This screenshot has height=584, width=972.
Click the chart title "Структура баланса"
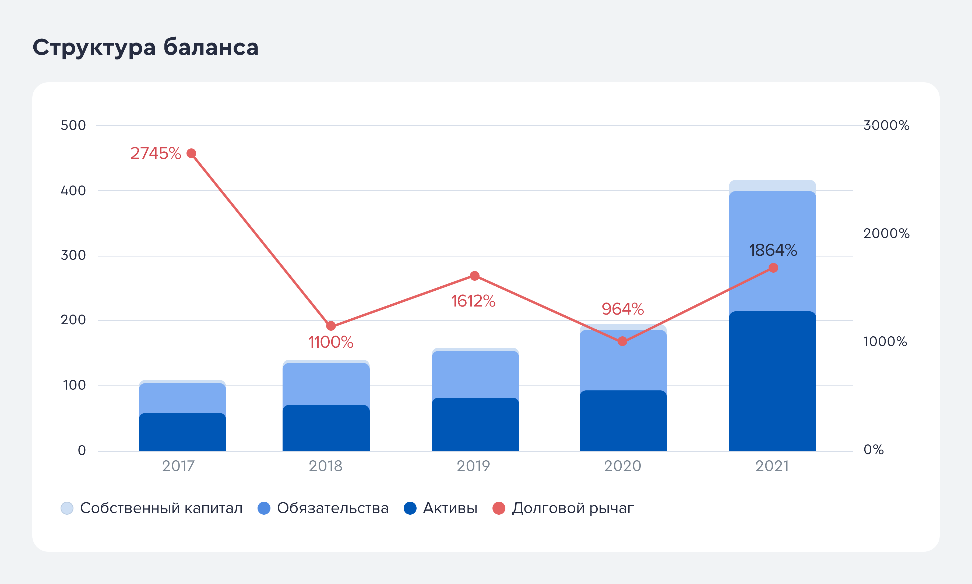pos(145,48)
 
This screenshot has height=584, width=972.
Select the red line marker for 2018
pos(331,326)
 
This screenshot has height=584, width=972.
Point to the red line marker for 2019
pos(475,276)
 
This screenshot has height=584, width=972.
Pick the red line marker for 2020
pos(622,341)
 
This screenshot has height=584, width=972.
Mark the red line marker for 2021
pos(773,268)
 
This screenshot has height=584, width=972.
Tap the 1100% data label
pos(331,342)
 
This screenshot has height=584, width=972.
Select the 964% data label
pos(623,309)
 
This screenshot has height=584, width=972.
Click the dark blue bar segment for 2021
pos(772,381)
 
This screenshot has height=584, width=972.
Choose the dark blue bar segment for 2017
pos(182,432)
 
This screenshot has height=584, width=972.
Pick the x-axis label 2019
pos(473,466)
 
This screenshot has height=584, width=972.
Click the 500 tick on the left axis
pos(73,125)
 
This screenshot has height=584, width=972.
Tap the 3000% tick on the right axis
pos(886,125)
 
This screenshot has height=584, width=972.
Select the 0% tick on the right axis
pos(873,449)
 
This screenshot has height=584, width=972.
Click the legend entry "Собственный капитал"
pos(152,508)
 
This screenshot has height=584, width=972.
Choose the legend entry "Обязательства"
pos(323,508)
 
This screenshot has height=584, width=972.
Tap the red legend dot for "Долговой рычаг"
pos(499,508)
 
